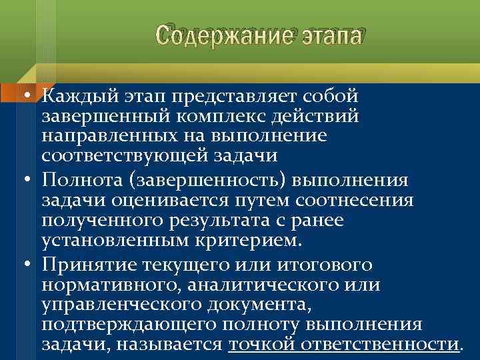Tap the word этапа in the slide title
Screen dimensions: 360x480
tap(327, 35)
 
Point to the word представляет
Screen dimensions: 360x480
tap(233, 97)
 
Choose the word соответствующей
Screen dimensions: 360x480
tap(117, 155)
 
